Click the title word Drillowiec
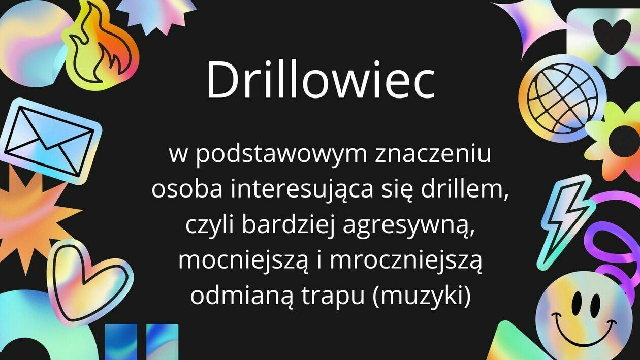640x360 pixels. [321, 80]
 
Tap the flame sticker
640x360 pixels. [102, 46]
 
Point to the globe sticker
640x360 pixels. [562, 99]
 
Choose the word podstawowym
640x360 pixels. [281, 156]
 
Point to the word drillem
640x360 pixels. [465, 189]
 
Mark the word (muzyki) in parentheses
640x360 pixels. [422, 297]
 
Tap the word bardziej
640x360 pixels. [289, 226]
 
